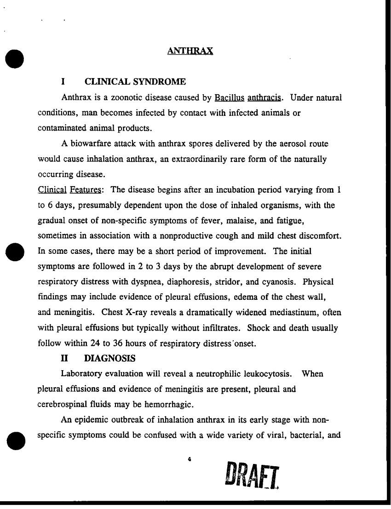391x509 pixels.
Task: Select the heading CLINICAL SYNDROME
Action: [x=136, y=82]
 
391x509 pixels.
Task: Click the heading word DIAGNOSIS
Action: [x=110, y=357]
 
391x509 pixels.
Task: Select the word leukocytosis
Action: [x=268, y=374]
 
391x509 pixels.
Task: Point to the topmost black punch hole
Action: [x=15, y=57]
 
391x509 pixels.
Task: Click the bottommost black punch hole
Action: [x=15, y=440]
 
